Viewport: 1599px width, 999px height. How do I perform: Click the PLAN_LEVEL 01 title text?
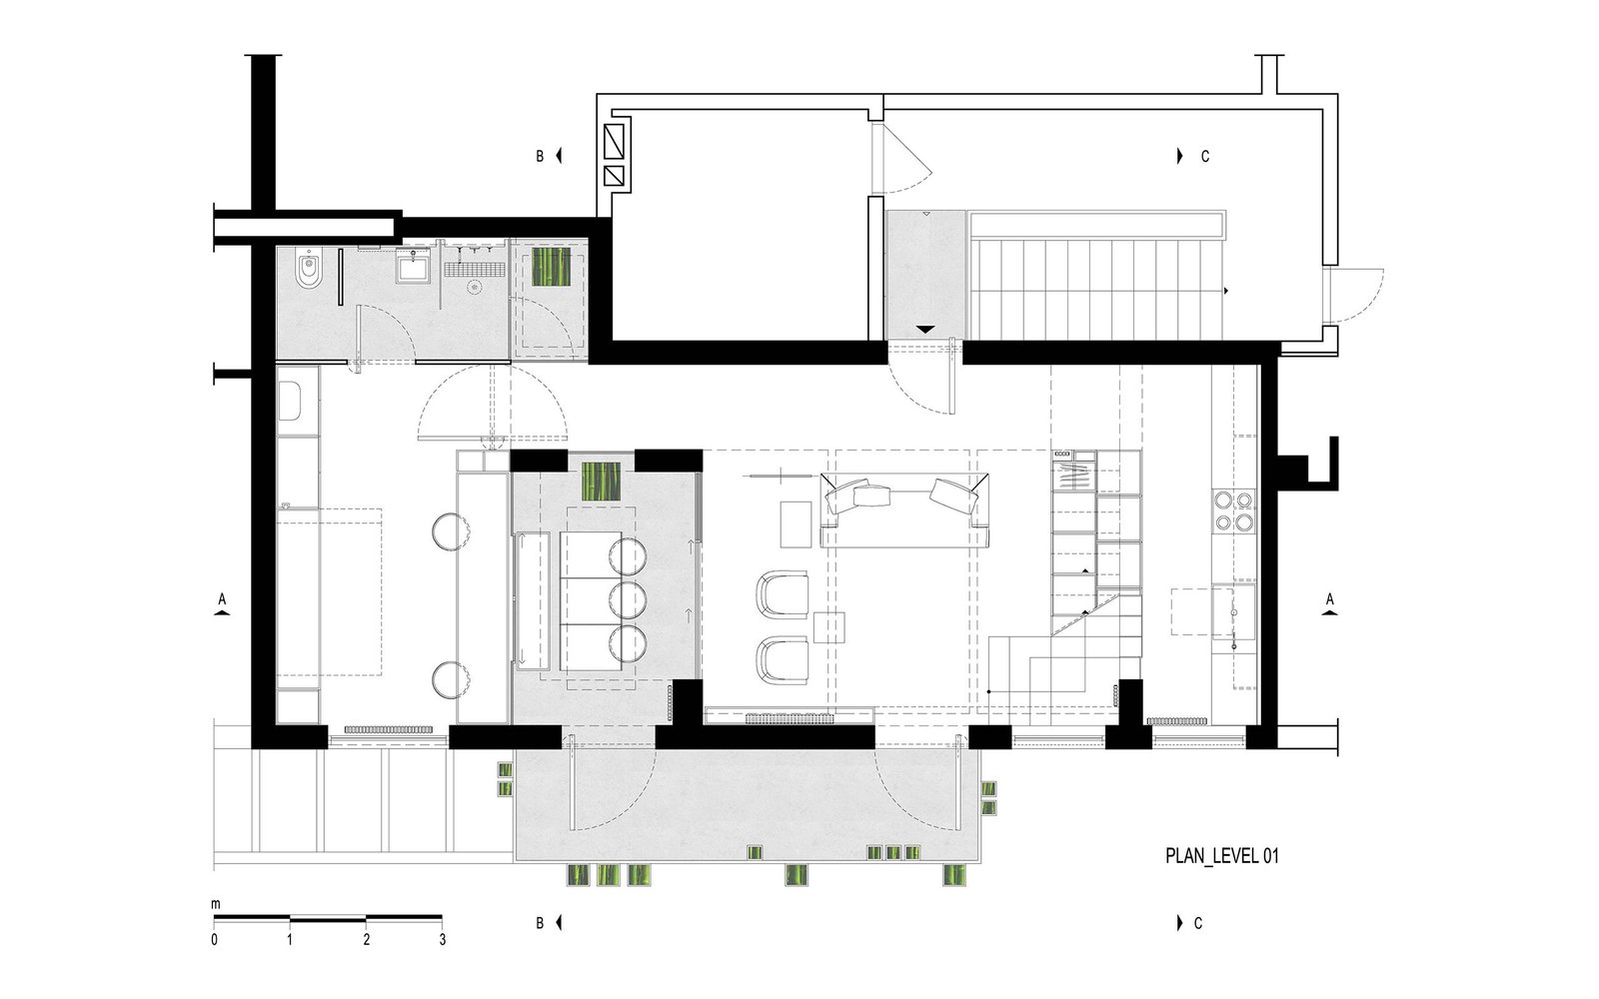pos(1221,855)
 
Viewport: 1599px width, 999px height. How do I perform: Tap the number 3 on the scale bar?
pos(443,940)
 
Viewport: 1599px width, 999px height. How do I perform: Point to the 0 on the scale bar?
pos(214,940)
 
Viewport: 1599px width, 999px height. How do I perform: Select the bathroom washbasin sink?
pos(414,269)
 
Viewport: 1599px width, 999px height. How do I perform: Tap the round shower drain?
pos(474,288)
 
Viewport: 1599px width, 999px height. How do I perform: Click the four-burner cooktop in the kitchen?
pos(1233,510)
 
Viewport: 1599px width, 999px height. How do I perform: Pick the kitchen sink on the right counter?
pos(1233,610)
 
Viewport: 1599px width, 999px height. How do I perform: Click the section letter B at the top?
pos(541,156)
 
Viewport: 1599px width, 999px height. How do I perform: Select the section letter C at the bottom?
pos(1198,923)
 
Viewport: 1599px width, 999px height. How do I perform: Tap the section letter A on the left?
pos(222,599)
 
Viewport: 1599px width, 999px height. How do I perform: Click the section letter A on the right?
pos(1330,599)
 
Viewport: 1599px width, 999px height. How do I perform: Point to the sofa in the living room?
pos(904,509)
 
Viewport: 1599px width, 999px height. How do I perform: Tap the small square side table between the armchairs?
pos(828,628)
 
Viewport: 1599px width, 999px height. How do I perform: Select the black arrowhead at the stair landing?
pos(925,330)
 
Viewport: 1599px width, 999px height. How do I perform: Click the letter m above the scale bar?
pos(216,905)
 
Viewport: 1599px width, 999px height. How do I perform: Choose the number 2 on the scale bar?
pos(366,940)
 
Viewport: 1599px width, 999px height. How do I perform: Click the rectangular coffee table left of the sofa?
pos(796,524)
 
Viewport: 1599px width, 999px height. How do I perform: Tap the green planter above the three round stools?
pos(601,481)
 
